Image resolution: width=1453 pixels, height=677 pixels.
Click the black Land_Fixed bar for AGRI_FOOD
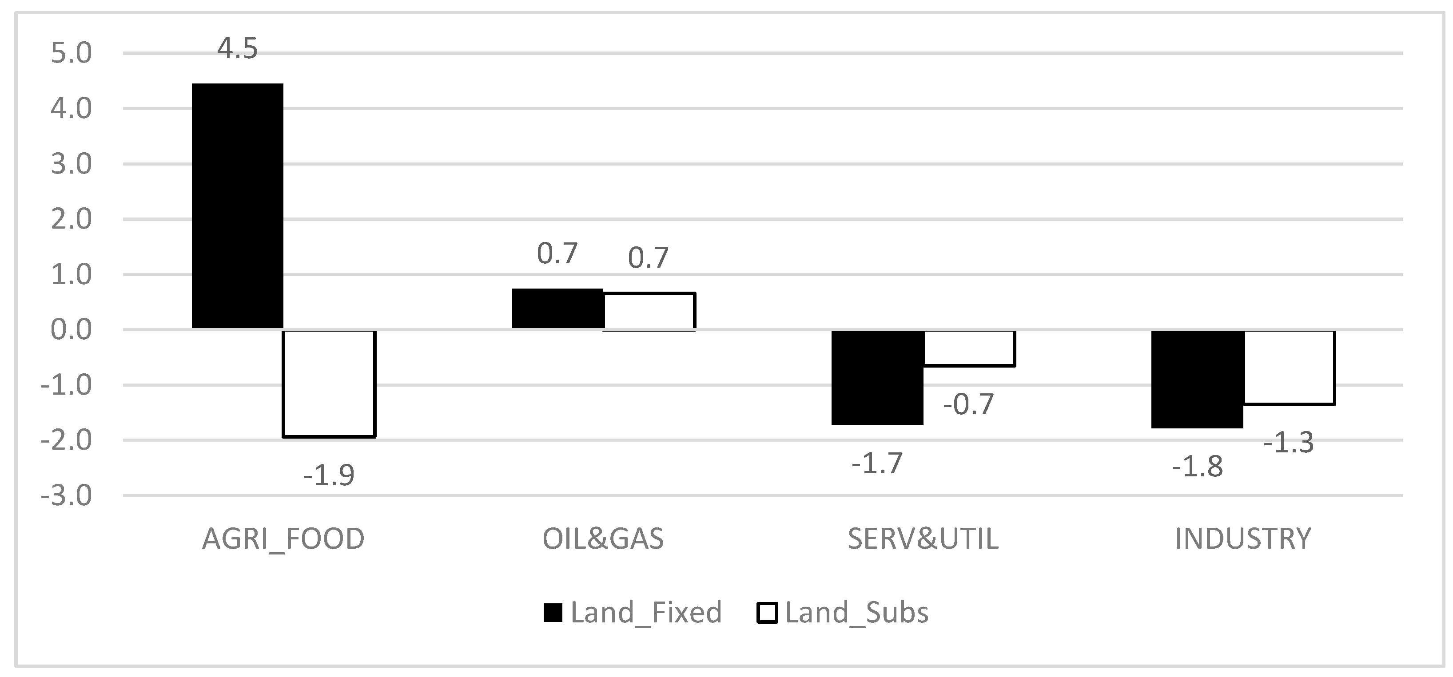(x=238, y=206)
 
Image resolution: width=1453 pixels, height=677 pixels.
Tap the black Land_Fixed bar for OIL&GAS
(x=557, y=309)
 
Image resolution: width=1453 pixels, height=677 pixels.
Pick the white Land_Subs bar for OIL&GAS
(x=649, y=311)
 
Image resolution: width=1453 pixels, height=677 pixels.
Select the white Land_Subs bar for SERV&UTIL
(x=969, y=349)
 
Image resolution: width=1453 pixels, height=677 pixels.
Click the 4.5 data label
(x=238, y=49)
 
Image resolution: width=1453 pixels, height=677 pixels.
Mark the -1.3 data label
(x=1288, y=443)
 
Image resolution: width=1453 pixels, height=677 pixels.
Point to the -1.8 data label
(x=1197, y=467)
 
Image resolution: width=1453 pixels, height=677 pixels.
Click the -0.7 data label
(x=968, y=404)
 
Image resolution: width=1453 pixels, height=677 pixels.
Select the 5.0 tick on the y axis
(x=71, y=54)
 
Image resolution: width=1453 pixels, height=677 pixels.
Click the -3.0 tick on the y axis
(x=67, y=496)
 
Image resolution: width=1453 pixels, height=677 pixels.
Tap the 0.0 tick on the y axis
(x=71, y=330)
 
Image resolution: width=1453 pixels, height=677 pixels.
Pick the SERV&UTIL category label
(x=923, y=539)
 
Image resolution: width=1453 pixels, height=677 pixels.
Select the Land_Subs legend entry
(x=843, y=613)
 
